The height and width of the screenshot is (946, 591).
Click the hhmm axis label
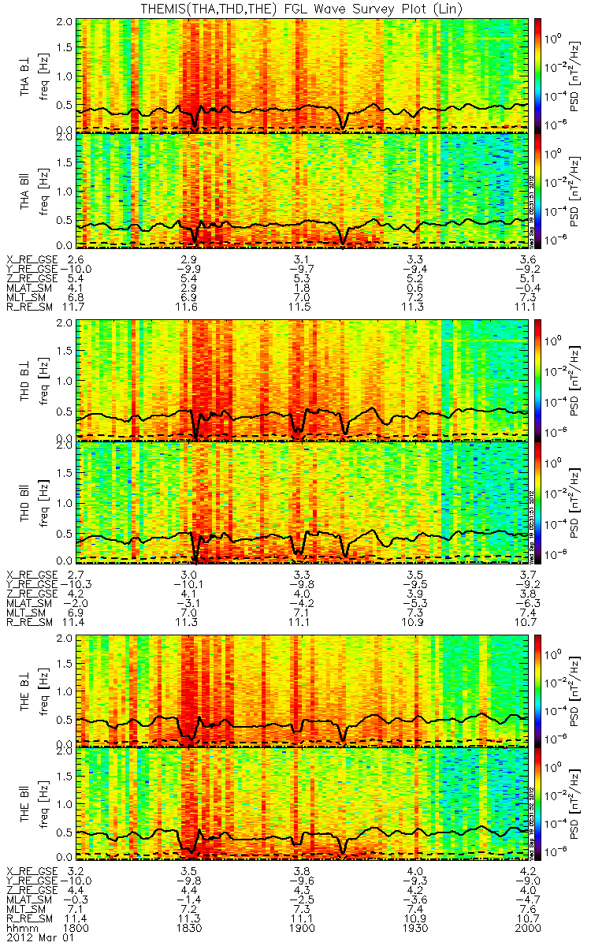tap(21, 928)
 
